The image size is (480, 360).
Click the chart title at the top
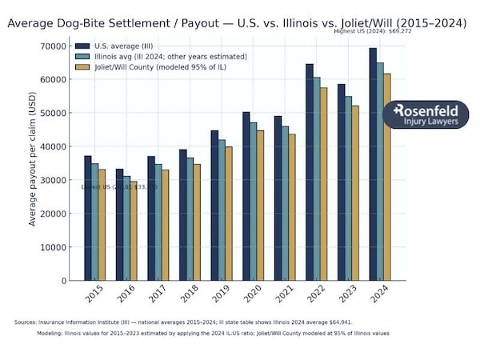tap(237, 23)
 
